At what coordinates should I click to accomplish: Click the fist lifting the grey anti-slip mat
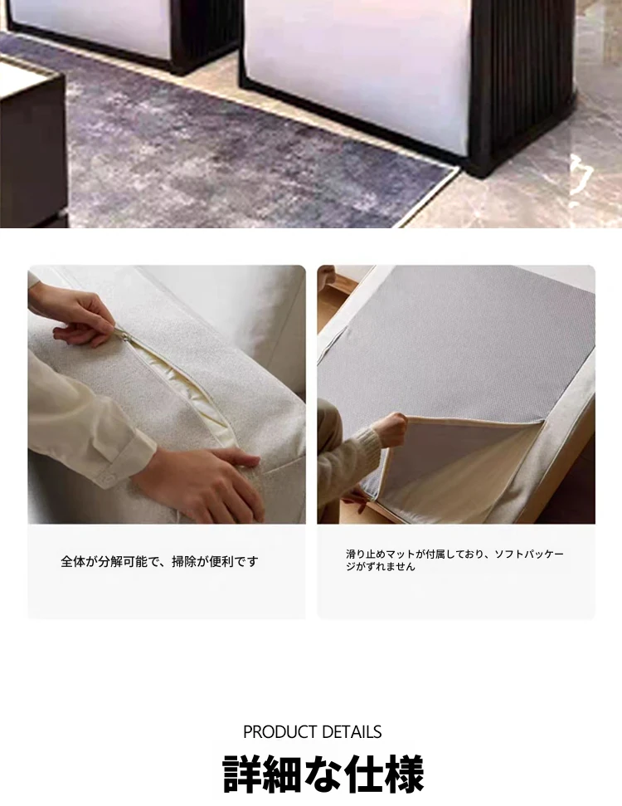tap(390, 427)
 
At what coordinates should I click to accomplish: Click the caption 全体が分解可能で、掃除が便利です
tap(159, 561)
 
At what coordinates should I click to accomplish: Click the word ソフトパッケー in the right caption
tap(529, 554)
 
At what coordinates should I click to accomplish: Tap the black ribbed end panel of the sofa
tap(522, 82)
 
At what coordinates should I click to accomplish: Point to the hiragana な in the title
tap(323, 774)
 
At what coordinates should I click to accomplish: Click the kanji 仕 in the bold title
tap(363, 774)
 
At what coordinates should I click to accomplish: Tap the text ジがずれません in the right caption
tap(380, 566)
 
